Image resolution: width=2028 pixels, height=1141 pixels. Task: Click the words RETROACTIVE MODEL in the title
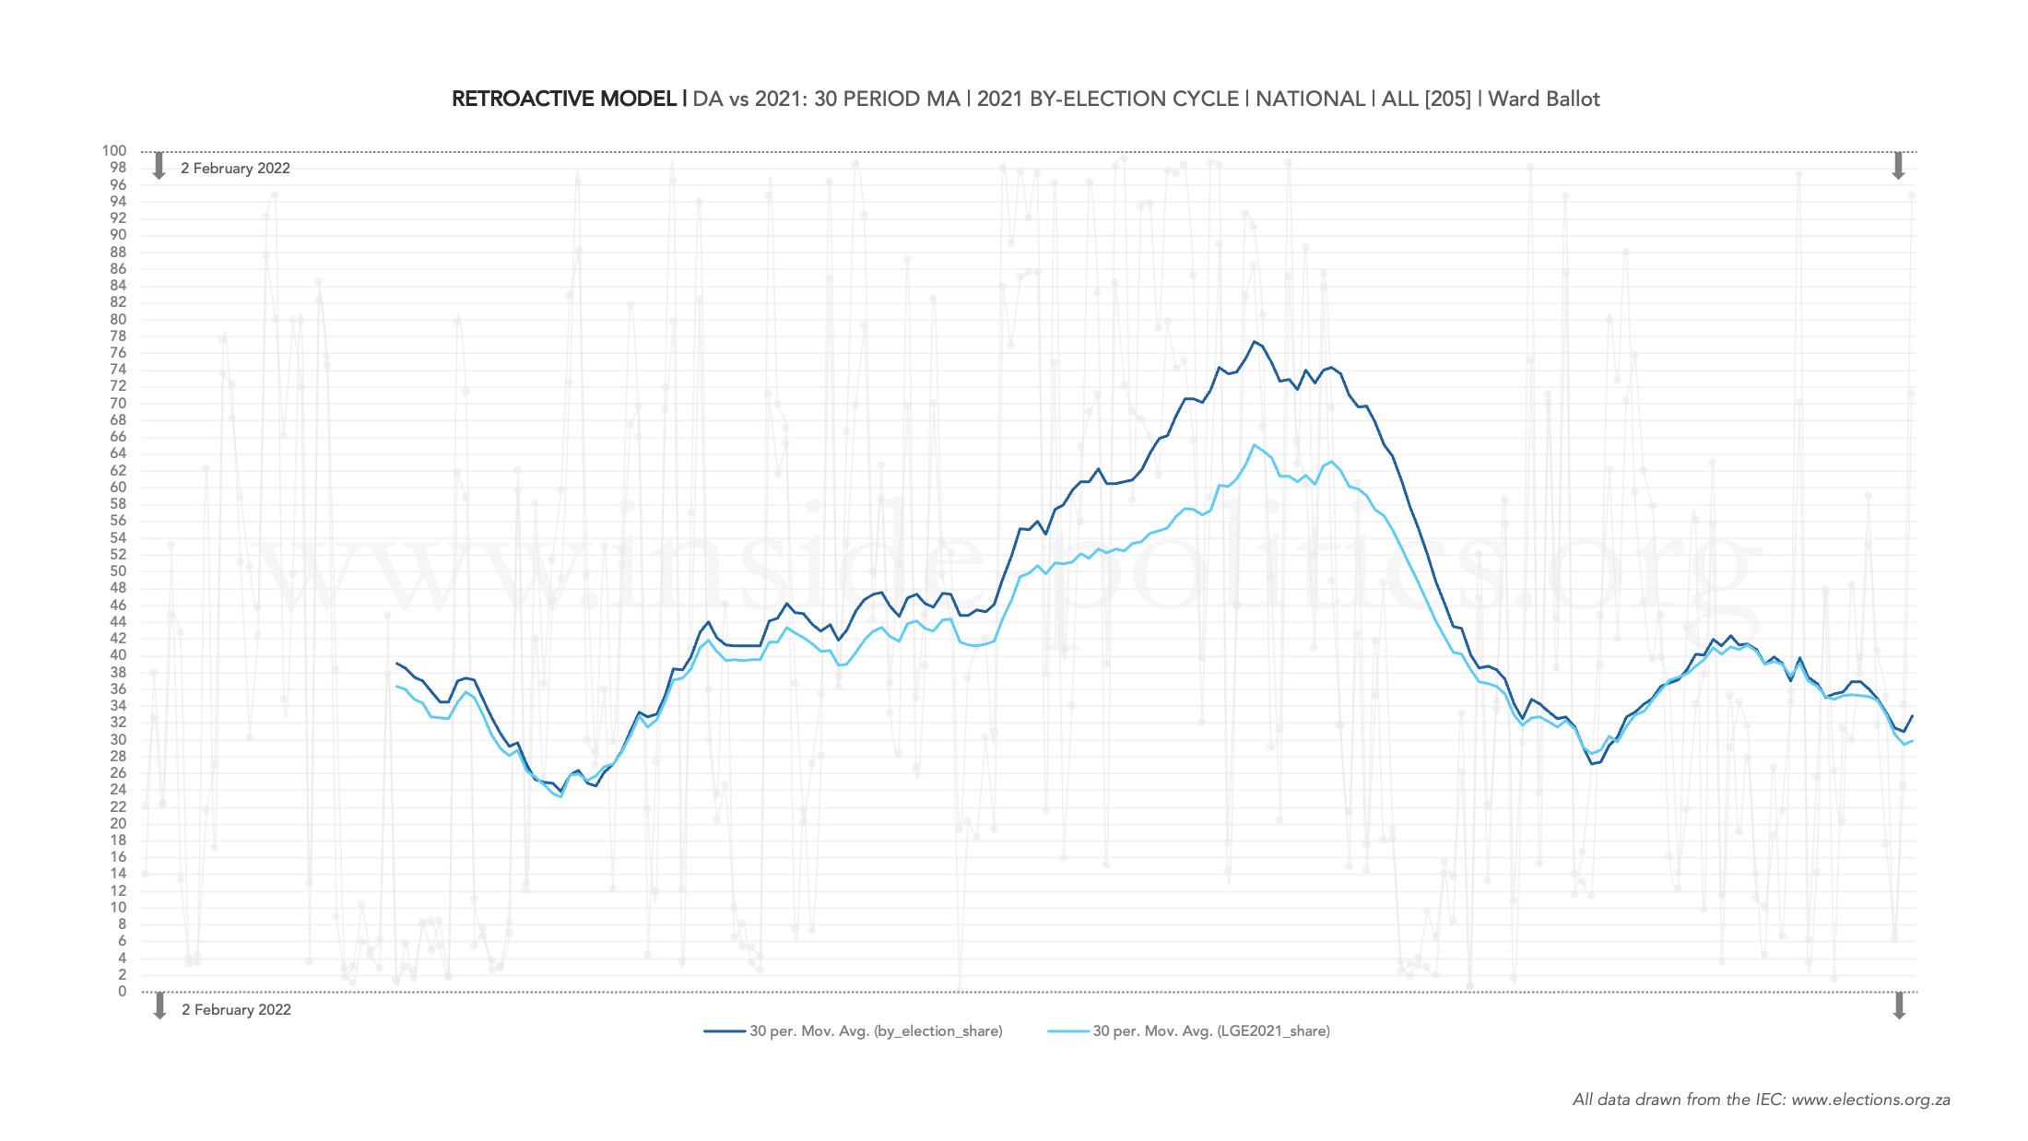click(x=564, y=100)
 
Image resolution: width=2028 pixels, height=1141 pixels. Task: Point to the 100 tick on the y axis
click(x=114, y=151)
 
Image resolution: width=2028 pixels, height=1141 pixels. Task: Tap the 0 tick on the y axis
click(x=122, y=992)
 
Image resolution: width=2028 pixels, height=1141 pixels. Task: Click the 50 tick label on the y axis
click(x=118, y=571)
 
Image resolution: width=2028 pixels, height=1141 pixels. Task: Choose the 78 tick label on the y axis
click(x=118, y=336)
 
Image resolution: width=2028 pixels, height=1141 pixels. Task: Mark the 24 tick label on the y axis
click(x=118, y=790)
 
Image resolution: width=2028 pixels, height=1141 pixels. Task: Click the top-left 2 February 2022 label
click(x=235, y=169)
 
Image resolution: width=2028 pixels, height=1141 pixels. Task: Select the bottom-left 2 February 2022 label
click(x=236, y=1010)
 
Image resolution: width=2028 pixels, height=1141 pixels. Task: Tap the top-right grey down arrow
click(x=1898, y=166)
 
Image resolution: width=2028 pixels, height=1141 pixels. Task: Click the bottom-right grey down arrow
click(x=1899, y=1006)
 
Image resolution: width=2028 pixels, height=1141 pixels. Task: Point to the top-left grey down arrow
click(x=159, y=166)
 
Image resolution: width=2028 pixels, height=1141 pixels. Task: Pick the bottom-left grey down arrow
click(x=159, y=1006)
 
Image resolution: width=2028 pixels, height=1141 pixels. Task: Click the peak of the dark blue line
click(x=1254, y=342)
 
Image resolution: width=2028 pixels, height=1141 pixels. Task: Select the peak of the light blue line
click(x=1255, y=445)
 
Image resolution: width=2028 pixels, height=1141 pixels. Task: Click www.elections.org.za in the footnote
click(x=1870, y=1100)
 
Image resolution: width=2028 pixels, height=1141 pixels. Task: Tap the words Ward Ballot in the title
click(x=1544, y=100)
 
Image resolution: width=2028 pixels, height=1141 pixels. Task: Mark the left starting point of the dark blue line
click(x=396, y=664)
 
